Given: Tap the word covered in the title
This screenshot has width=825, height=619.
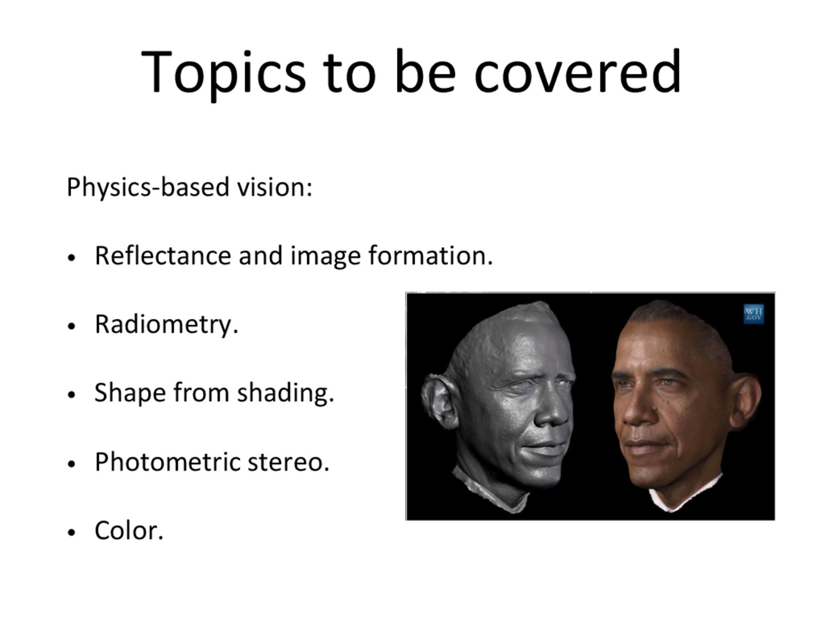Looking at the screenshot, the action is (578, 71).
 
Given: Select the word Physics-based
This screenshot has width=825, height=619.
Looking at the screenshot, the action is (147, 187).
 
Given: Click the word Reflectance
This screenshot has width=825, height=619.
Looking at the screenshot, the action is (163, 255).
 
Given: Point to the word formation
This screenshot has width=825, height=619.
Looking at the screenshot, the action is (431, 255).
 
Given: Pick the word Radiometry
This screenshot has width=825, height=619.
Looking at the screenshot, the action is (167, 325).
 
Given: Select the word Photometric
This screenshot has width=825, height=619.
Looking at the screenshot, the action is (168, 462).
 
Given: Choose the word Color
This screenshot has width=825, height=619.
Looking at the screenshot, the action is (129, 530).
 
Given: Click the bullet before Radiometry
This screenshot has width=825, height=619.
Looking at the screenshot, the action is (71, 326).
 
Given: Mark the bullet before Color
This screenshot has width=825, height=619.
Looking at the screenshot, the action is (71, 532).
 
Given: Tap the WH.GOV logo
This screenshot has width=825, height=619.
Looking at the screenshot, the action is (754, 314).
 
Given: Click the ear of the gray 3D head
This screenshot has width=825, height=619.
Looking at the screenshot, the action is (440, 401).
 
